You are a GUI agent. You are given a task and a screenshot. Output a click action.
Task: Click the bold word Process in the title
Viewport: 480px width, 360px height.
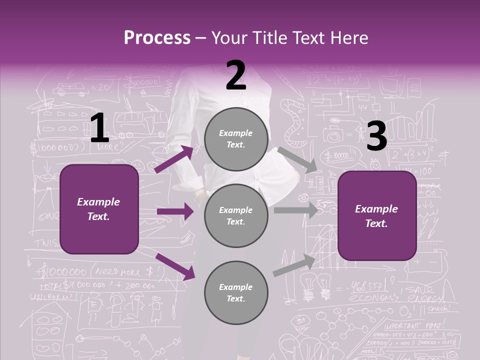click(157, 38)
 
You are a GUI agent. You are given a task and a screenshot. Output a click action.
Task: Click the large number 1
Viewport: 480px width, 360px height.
click(99, 128)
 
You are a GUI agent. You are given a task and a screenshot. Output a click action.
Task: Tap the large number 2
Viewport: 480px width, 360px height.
click(236, 75)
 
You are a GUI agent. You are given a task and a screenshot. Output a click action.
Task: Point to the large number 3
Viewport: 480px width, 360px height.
click(376, 136)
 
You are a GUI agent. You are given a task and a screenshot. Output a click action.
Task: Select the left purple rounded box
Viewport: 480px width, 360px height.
click(99, 209)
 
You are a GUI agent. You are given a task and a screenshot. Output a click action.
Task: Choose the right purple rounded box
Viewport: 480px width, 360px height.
click(377, 216)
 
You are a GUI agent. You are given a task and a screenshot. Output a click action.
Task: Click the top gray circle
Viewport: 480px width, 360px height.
click(235, 139)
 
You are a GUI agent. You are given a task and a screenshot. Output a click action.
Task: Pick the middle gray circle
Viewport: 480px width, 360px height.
click(235, 216)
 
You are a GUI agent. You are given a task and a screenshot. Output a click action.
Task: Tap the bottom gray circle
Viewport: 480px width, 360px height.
click(235, 293)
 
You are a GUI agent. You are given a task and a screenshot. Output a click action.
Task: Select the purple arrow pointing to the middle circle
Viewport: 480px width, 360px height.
click(175, 211)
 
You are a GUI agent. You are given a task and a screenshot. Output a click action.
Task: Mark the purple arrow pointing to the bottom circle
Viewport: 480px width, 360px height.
click(175, 266)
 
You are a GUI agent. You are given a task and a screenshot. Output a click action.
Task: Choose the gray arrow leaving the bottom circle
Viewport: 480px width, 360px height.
click(294, 265)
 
